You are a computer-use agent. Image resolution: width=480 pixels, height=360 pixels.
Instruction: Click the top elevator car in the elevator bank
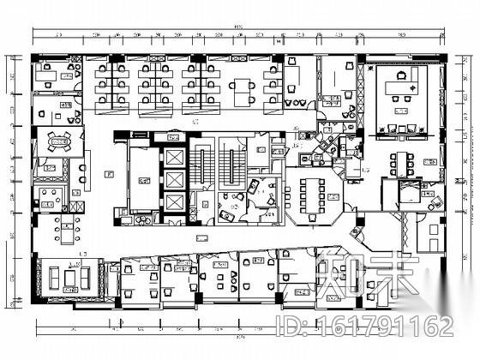pos(172,159)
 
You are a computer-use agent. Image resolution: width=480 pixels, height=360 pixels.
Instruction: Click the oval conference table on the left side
pos(59,141)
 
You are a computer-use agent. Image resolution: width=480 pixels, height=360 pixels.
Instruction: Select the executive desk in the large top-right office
pos(400,87)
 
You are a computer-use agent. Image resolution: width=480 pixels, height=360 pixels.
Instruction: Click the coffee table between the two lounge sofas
pos(74,279)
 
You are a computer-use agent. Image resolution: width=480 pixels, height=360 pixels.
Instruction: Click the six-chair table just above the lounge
pos(63,231)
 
